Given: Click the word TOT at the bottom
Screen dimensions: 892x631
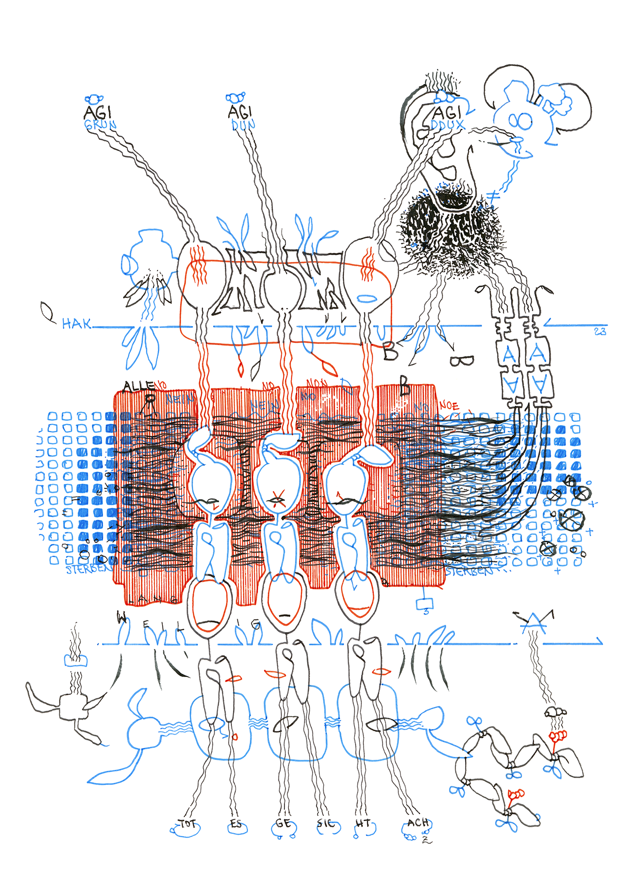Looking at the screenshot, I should coord(187,823).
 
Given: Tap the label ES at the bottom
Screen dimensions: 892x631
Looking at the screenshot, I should coord(236,823).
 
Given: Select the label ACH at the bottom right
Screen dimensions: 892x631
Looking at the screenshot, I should coord(418,822).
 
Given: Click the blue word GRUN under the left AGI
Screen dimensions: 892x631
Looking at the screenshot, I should coord(100,125).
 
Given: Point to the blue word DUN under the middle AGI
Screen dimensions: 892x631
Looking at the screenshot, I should coord(243,125).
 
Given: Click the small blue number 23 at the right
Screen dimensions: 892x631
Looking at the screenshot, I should coord(600,331).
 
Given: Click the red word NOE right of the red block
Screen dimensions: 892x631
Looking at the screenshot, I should coord(449,406).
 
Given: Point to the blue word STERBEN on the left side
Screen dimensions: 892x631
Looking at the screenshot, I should coord(87,570).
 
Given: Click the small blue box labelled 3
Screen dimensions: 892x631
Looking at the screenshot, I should coord(425,604).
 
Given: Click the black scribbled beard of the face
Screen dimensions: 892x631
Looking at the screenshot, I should coord(451,227).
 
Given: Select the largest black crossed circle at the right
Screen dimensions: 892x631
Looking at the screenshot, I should coord(571,520).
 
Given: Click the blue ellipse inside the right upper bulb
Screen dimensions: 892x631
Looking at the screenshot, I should coord(367,298).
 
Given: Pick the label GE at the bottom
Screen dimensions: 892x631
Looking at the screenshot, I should coord(283,823).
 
